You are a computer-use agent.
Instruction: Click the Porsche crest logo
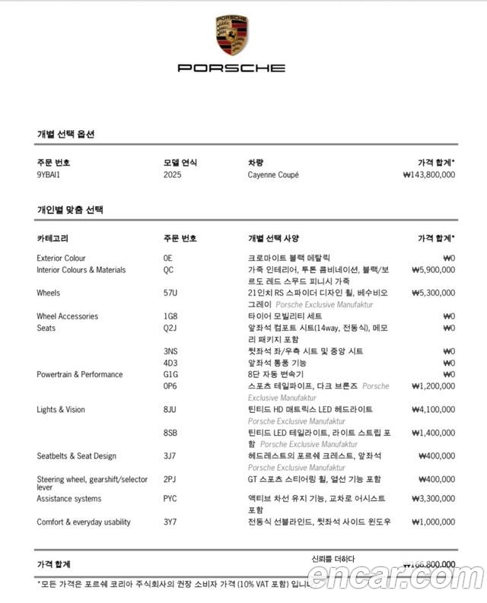click(231, 34)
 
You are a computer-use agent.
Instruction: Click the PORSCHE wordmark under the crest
click(231, 68)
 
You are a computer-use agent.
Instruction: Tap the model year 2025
click(173, 175)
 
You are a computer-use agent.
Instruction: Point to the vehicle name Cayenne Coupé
click(273, 175)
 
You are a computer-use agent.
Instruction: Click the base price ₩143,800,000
click(428, 175)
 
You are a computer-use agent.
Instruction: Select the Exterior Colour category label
click(61, 259)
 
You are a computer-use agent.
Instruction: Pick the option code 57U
click(170, 293)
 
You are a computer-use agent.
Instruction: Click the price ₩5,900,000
click(433, 270)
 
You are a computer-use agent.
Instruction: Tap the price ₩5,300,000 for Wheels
click(433, 293)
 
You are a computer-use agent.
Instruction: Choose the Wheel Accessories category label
click(67, 316)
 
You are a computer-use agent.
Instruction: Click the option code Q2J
click(170, 328)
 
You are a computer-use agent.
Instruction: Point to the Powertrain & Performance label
click(79, 375)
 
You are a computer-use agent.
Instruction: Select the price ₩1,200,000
click(433, 386)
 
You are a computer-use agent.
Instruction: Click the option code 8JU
click(170, 410)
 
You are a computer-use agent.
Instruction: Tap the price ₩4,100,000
click(433, 410)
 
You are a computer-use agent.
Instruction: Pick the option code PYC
click(170, 499)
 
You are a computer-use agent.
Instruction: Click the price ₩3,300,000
click(433, 499)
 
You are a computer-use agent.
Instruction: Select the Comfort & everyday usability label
click(83, 522)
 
